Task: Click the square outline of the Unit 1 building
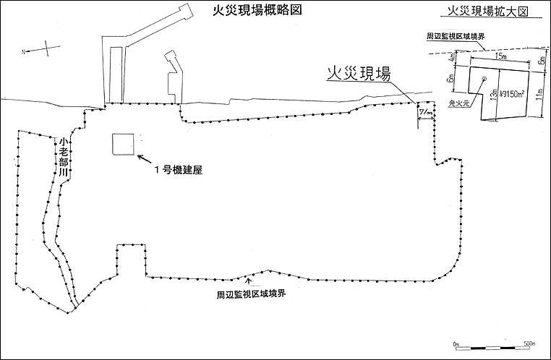123,144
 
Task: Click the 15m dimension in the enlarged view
500,56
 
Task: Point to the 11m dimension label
539,94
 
